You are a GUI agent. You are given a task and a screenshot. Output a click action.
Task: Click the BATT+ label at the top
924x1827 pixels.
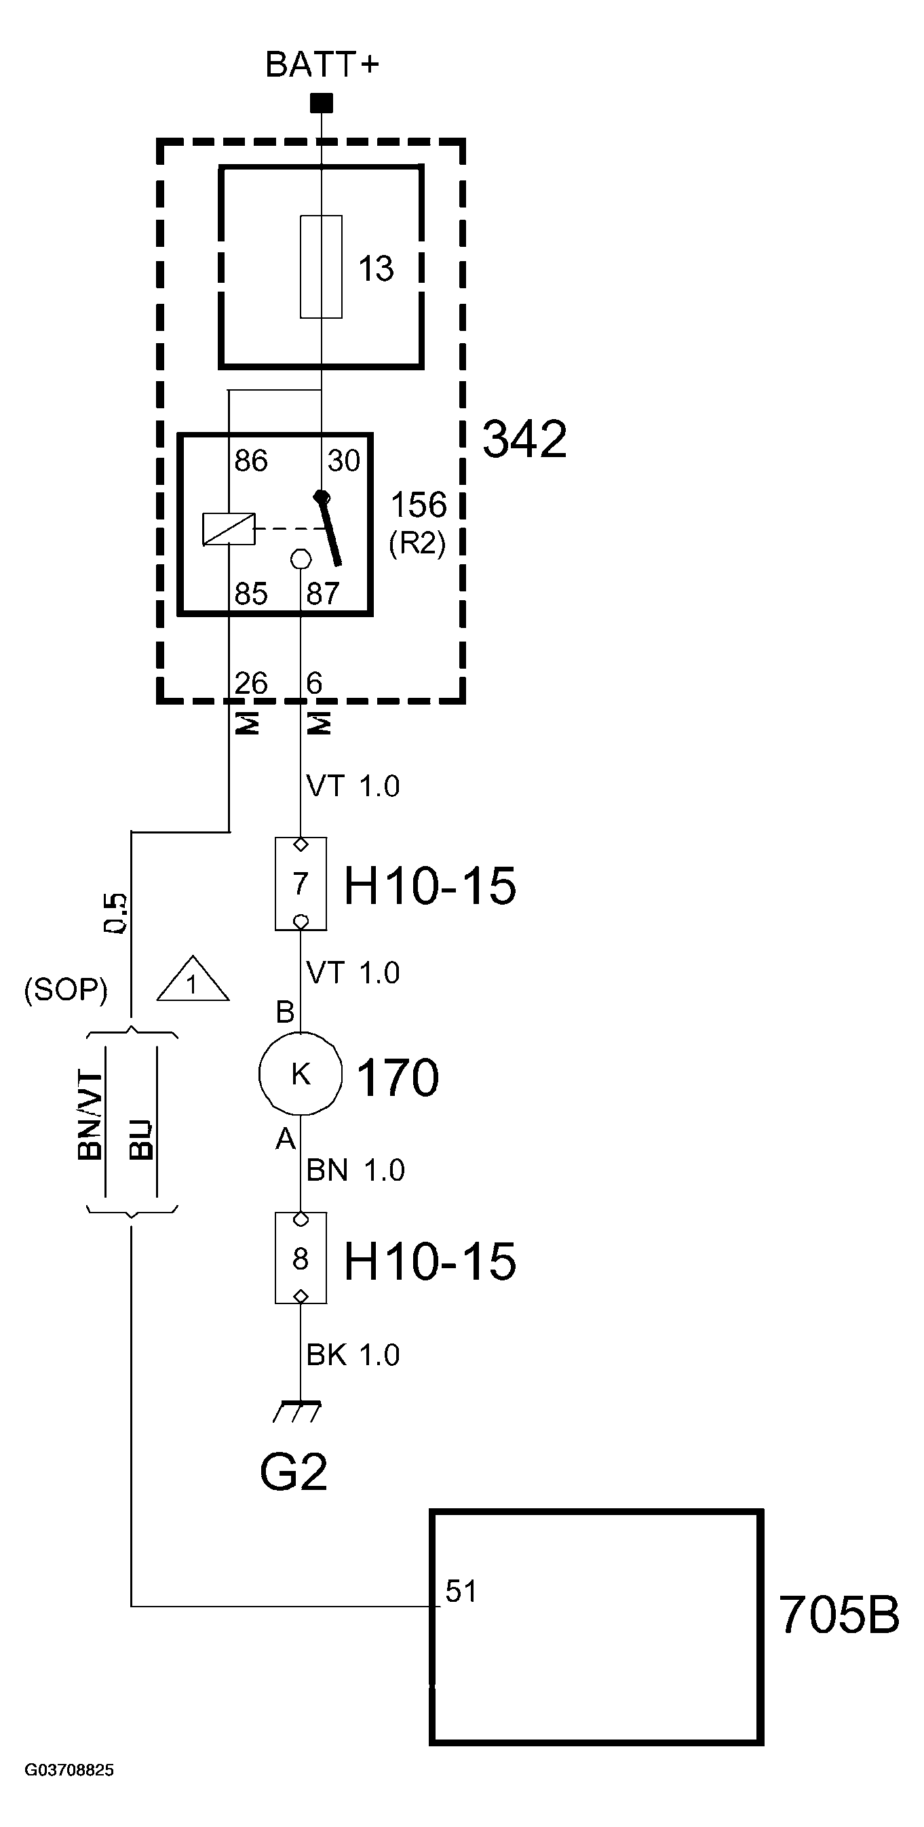[x=322, y=65]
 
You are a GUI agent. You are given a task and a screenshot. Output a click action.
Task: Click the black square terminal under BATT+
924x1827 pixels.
[x=322, y=104]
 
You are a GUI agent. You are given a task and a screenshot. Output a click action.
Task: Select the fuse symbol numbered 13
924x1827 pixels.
[x=322, y=267]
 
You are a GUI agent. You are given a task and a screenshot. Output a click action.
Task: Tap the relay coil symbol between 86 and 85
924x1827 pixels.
[x=229, y=529]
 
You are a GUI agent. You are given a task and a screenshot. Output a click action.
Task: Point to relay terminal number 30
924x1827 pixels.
[x=343, y=461]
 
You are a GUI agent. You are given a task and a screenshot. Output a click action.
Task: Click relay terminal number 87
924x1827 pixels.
[x=322, y=593]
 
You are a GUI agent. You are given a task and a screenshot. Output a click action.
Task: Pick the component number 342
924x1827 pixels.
[x=524, y=439]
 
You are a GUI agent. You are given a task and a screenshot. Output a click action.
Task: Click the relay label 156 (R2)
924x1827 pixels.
[x=419, y=523]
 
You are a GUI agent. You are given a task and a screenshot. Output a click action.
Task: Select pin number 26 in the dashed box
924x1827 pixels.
[x=250, y=684]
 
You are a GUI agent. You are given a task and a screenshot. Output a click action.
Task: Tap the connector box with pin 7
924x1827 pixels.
[x=301, y=884]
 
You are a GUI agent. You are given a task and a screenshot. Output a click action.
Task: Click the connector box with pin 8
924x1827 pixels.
[x=301, y=1258]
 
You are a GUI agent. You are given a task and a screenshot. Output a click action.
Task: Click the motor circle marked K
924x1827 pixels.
[x=301, y=1074]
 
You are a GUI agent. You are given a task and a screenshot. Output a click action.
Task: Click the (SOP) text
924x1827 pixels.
[x=66, y=989]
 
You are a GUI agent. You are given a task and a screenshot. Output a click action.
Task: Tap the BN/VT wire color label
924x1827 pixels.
[x=91, y=1116]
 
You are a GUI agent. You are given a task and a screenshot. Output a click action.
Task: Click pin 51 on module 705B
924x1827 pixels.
[x=461, y=1592]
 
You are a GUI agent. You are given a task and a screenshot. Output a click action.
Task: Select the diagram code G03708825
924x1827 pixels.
[x=69, y=1770]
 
